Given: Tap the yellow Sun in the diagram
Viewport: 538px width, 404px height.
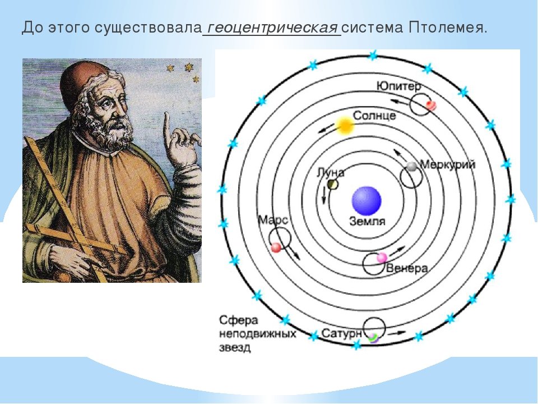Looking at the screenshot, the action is pyautogui.click(x=344, y=126).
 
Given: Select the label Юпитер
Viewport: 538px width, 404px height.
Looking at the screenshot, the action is pyautogui.click(x=398, y=86).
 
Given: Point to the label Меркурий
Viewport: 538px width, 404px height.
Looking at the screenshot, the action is pyautogui.click(x=448, y=164).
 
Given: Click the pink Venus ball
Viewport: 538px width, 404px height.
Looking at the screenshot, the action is pyautogui.click(x=382, y=258).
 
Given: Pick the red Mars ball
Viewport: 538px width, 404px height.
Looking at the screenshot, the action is pyautogui.click(x=276, y=247).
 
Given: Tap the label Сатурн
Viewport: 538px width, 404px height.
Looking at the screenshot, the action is pyautogui.click(x=342, y=333).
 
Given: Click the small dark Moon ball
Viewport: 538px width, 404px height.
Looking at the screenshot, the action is pyautogui.click(x=332, y=185).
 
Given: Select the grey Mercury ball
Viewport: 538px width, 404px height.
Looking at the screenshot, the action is pyautogui.click(x=411, y=166).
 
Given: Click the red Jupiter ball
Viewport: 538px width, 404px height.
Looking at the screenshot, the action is pyautogui.click(x=430, y=105).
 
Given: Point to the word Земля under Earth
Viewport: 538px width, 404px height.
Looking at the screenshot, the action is pyautogui.click(x=367, y=221).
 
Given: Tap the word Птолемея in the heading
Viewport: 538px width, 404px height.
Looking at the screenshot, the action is pyautogui.click(x=447, y=27).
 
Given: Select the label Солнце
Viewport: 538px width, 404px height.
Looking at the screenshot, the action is pyautogui.click(x=374, y=116).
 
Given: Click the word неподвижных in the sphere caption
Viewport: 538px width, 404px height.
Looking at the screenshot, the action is pyautogui.click(x=257, y=333).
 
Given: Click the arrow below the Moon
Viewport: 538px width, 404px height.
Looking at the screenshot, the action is pyautogui.click(x=323, y=196).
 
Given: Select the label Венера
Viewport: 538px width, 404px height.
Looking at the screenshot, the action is pyautogui.click(x=407, y=268).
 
